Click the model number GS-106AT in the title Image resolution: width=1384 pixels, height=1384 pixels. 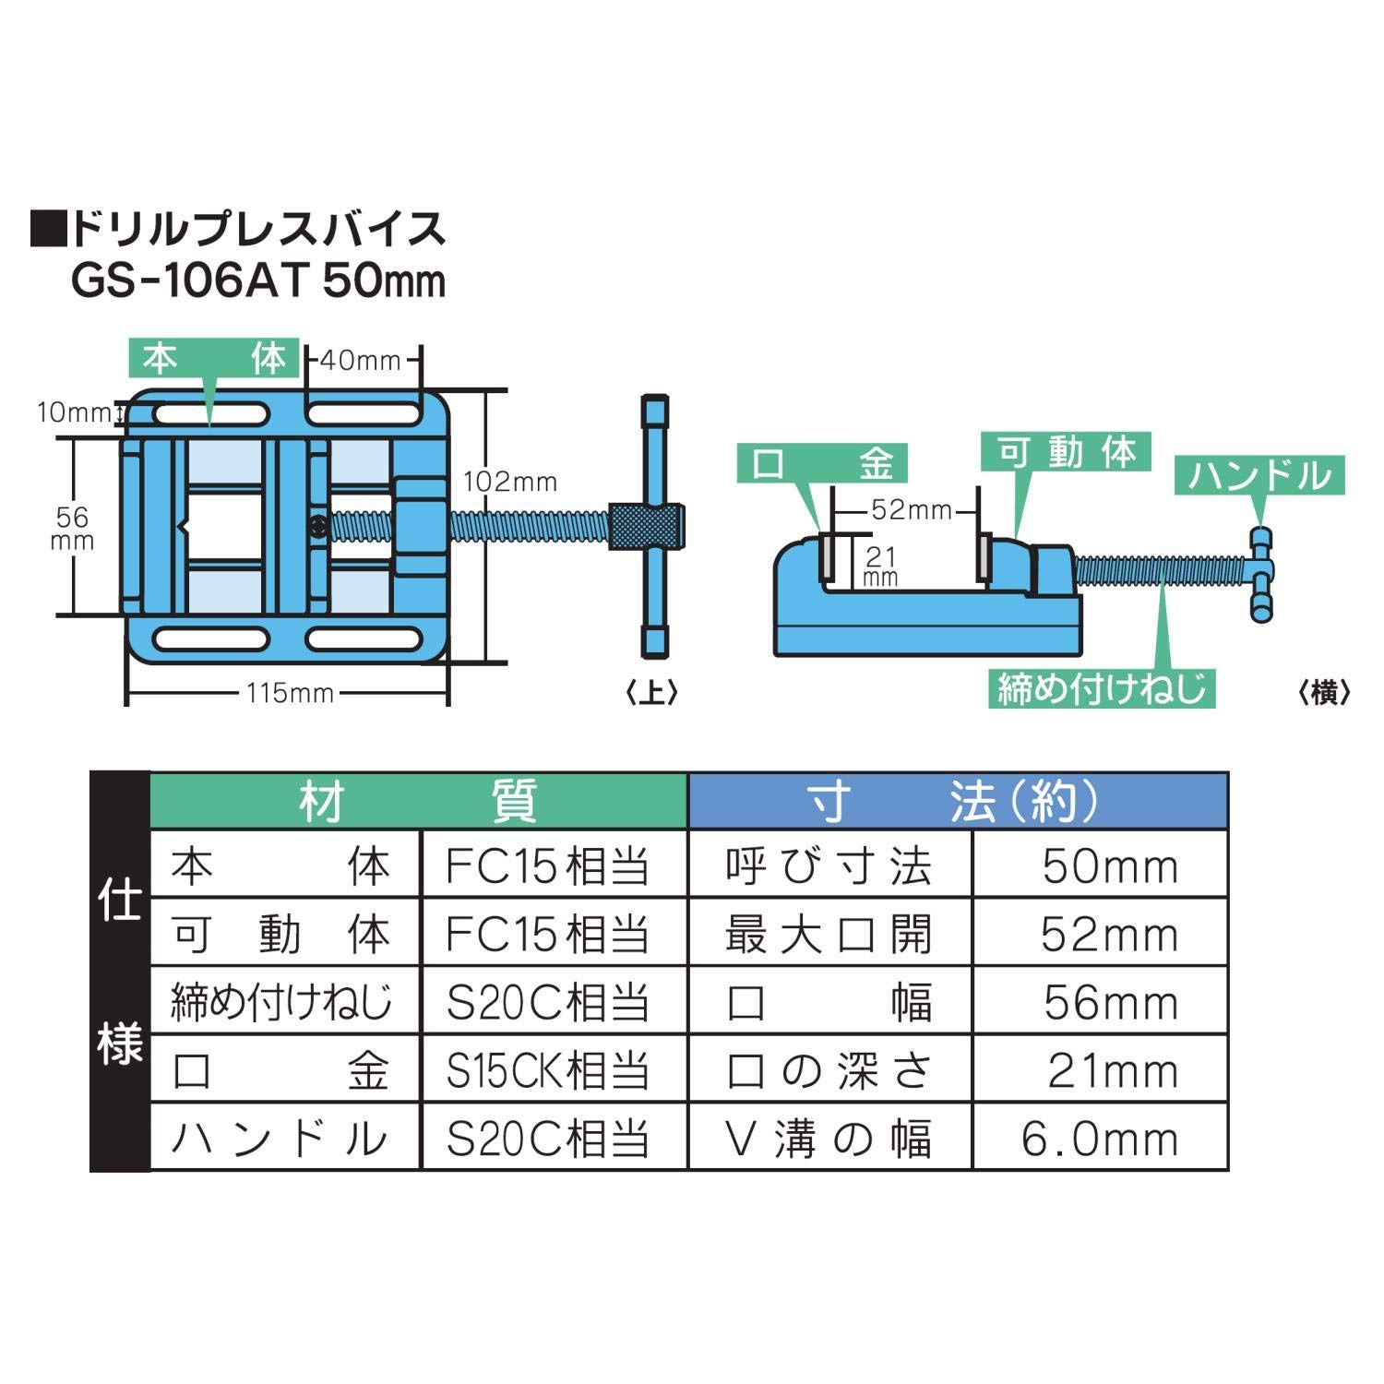pyautogui.click(x=188, y=280)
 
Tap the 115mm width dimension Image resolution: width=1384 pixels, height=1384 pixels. pyautogui.click(x=290, y=693)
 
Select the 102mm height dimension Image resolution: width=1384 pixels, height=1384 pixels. pyautogui.click(x=510, y=482)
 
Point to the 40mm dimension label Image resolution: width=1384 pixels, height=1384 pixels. pyautogui.click(x=360, y=360)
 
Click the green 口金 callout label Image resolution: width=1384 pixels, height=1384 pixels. pyautogui.click(x=822, y=463)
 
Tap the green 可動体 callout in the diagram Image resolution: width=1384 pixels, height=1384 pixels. pyautogui.click(x=1067, y=453)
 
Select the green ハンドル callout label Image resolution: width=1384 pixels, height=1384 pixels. pyautogui.click(x=1259, y=475)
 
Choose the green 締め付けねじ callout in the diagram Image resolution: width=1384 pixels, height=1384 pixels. pyautogui.click(x=1102, y=688)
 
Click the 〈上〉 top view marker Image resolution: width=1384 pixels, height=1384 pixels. pyautogui.click(x=651, y=692)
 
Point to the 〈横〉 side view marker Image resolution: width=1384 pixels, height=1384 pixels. pyautogui.click(x=1324, y=692)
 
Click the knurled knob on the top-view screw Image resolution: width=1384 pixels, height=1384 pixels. pyautogui.click(x=646, y=526)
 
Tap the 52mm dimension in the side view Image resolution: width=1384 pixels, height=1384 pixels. pyautogui.click(x=910, y=510)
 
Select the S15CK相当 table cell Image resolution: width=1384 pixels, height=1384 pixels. pyautogui.click(x=548, y=1070)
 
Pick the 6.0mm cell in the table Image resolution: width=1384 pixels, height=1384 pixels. pyautogui.click(x=1100, y=1139)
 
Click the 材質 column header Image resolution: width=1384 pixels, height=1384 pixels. pyautogui.click(x=418, y=801)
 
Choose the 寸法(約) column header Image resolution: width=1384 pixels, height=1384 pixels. pyautogui.click(x=956, y=801)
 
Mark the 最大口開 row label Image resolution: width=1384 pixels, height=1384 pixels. pyautogui.click(x=829, y=935)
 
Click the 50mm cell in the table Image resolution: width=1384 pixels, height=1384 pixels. pyautogui.click(x=1110, y=866)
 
